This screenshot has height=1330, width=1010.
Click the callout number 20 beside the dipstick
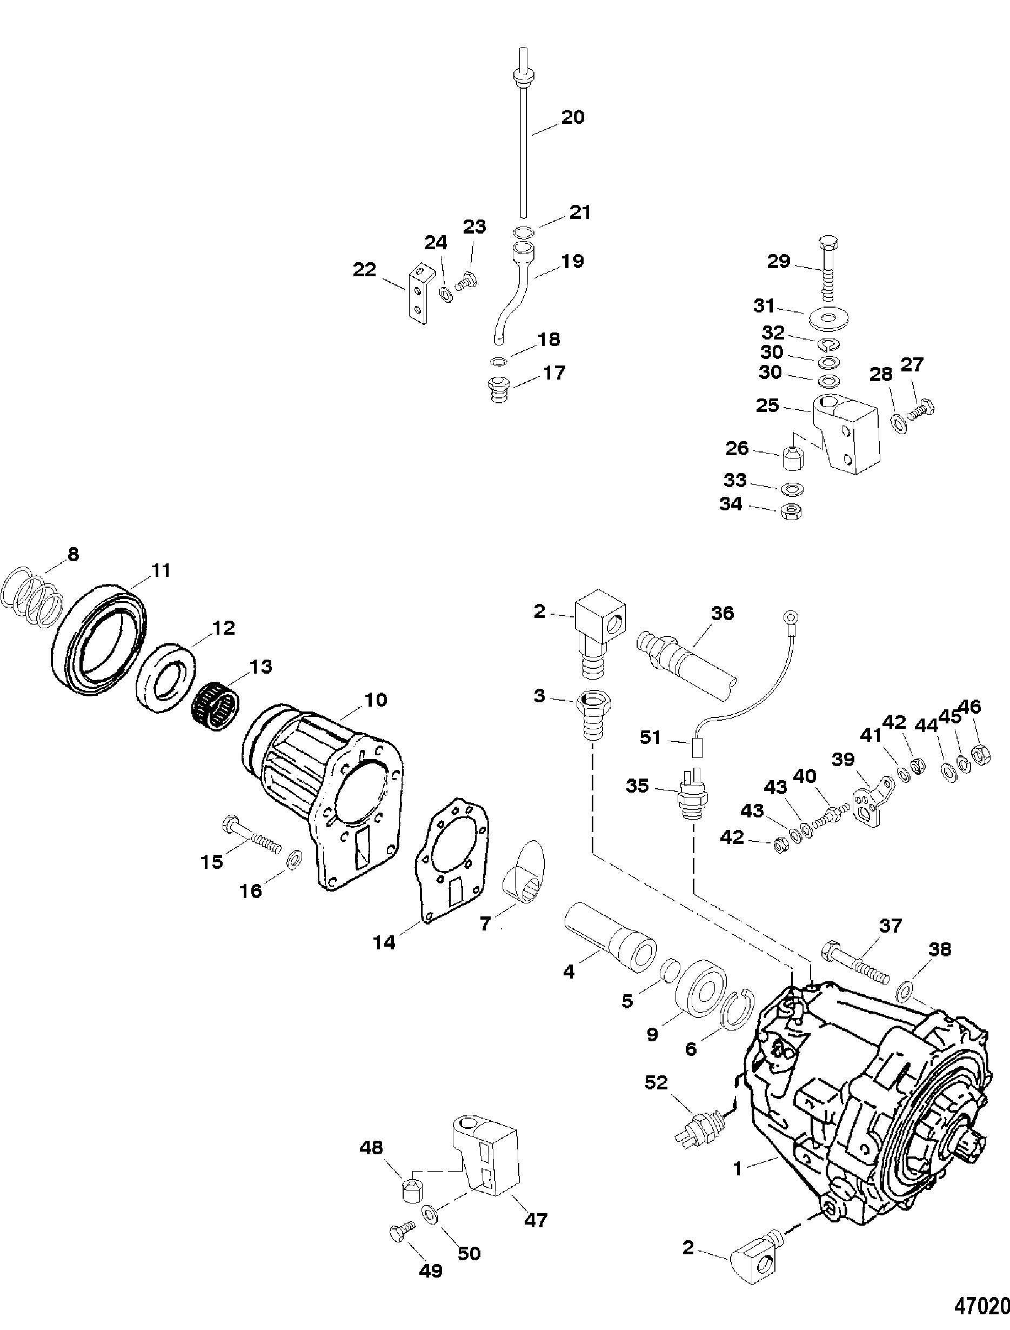[x=572, y=117]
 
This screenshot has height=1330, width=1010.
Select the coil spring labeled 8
[x=34, y=593]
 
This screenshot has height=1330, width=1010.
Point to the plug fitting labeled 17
[x=498, y=390]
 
